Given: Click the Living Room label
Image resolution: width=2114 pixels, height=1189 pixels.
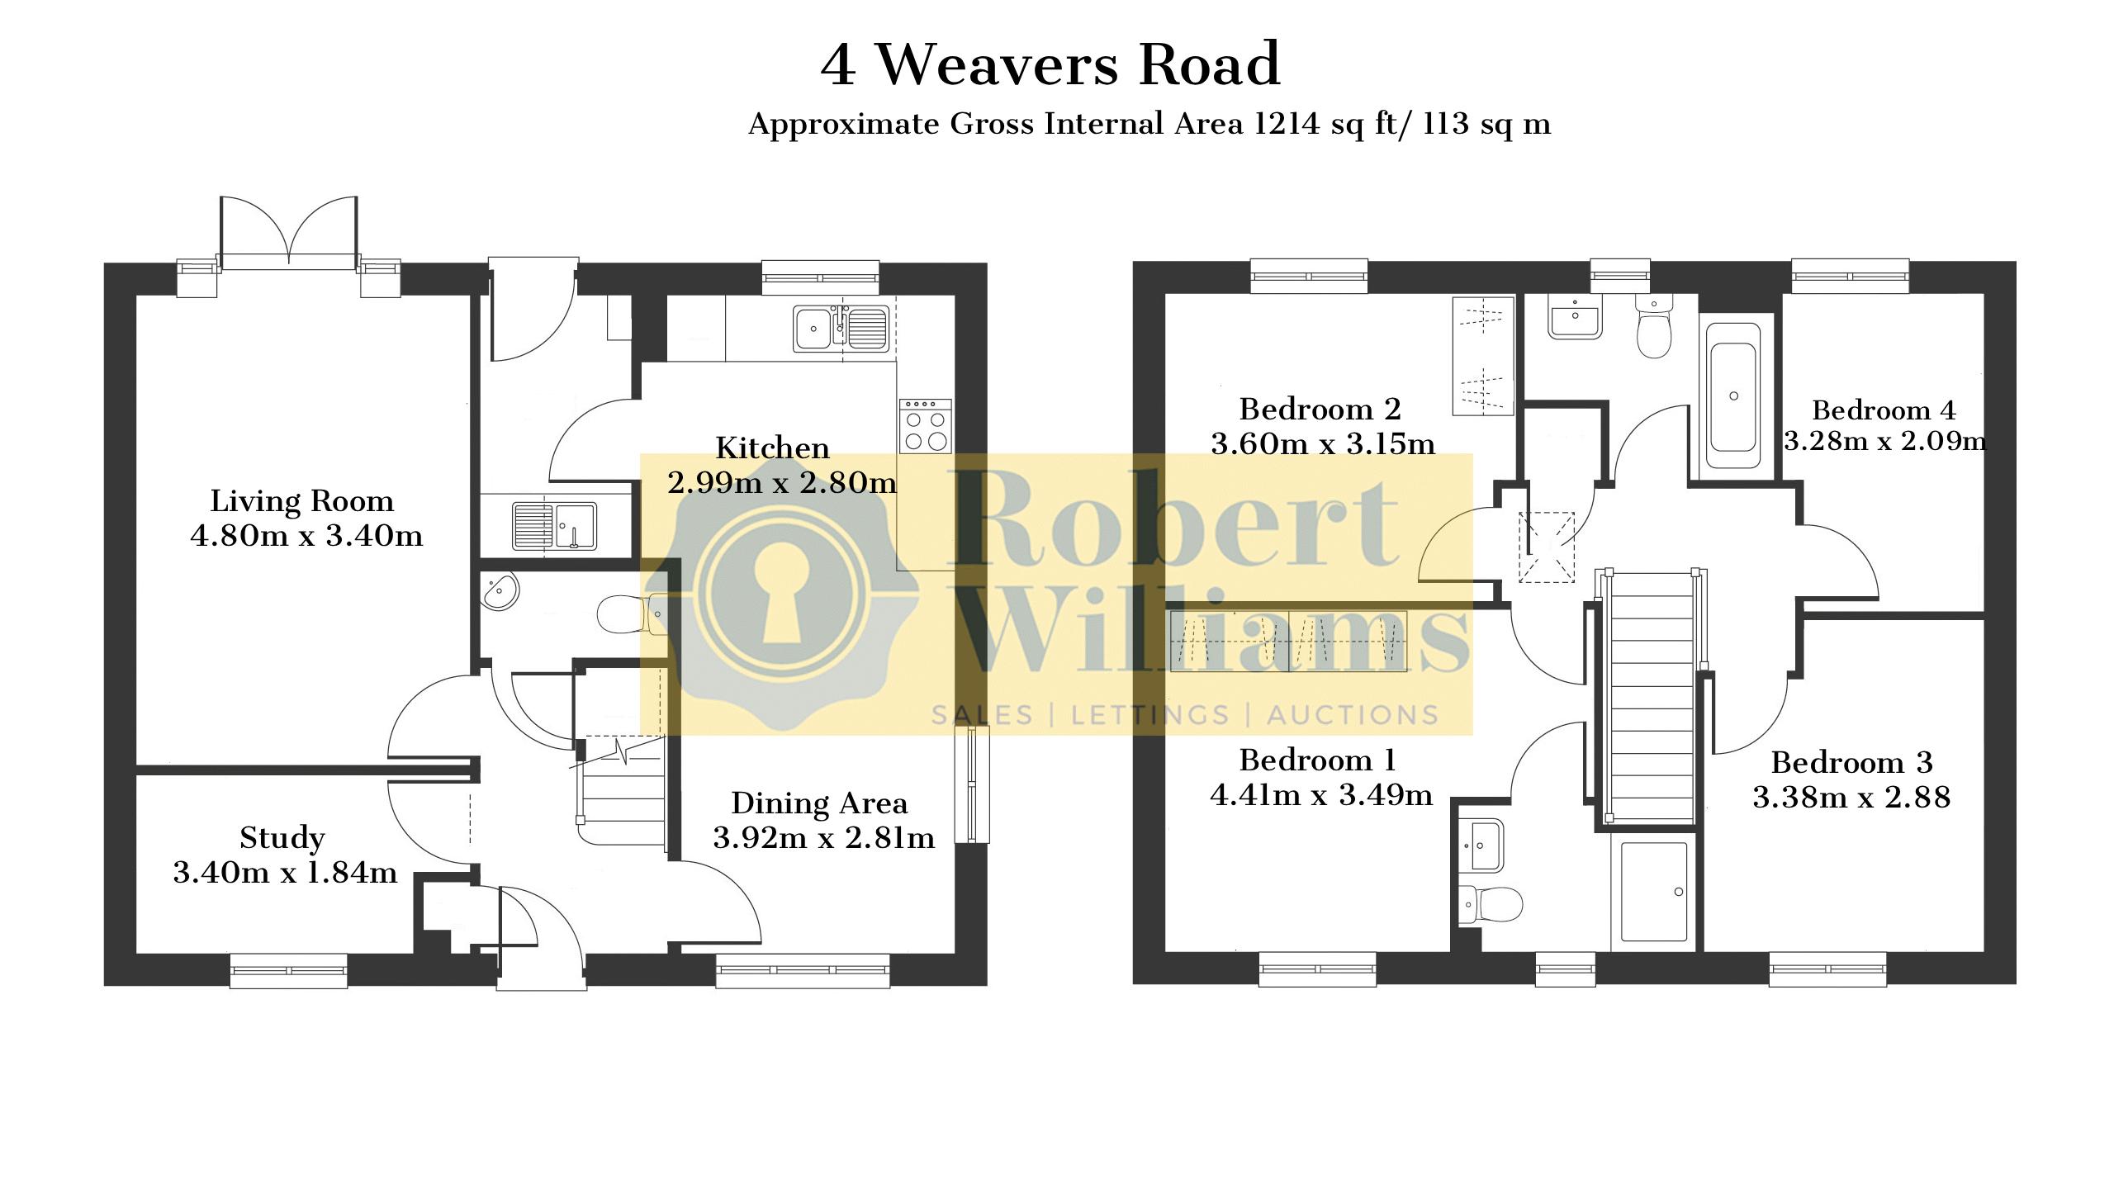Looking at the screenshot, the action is point(302,501).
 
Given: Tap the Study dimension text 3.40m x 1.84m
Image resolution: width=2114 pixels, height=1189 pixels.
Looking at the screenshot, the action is point(285,873).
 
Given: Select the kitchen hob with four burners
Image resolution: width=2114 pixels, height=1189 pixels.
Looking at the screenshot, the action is point(925,426).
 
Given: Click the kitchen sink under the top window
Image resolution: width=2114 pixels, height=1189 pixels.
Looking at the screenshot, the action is point(841,329).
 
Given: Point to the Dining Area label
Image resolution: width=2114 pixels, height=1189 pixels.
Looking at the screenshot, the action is point(819,803).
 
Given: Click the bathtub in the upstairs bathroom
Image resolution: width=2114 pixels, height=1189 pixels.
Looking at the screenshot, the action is point(1733,396).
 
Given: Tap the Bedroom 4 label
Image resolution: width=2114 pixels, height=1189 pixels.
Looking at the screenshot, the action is point(1884,410).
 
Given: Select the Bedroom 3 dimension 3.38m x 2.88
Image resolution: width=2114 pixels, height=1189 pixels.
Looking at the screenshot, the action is point(1851,797).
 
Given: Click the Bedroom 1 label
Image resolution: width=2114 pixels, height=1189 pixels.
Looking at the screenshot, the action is point(1317,760).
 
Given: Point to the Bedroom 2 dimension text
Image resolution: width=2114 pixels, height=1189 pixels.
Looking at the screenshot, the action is point(1323,444).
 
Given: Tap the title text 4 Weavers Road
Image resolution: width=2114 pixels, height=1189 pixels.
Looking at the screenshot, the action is point(1050,64).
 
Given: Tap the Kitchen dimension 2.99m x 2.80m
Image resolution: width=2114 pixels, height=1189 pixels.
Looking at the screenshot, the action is point(782,482).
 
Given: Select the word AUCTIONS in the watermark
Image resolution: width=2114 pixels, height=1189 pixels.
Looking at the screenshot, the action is point(1353,715).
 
